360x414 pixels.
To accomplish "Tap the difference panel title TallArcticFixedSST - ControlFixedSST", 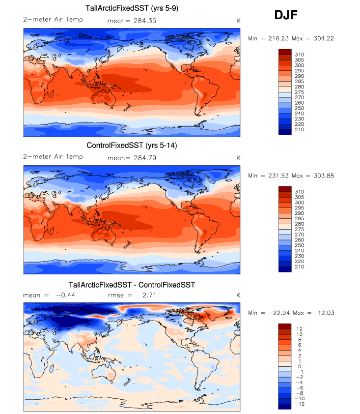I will (x=132, y=285).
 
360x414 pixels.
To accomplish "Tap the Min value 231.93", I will (x=273, y=176).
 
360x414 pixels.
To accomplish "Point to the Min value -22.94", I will (x=273, y=313).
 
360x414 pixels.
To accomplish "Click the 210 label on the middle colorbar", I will (x=299, y=267).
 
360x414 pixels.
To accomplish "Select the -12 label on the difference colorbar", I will (x=299, y=403).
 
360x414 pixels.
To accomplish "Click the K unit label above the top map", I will (x=238, y=20).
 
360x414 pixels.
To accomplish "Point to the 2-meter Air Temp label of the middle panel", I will (x=53, y=157).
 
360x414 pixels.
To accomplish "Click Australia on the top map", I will (x=108, y=100).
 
